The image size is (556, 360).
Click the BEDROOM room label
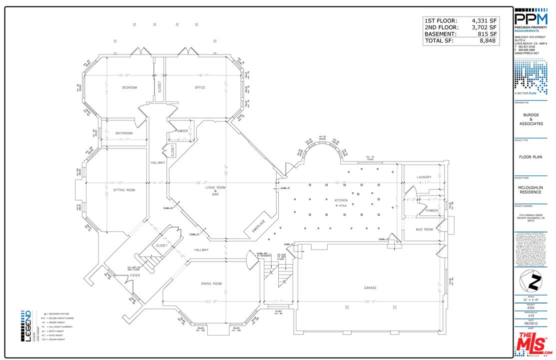tap(129, 87)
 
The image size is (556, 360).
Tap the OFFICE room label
tap(200, 87)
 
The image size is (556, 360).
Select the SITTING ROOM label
tap(124, 190)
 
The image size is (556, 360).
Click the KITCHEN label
tap(341, 200)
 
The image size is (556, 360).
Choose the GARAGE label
tap(370, 288)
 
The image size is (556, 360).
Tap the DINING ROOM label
tap(211, 284)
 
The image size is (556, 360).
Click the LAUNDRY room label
tap(424, 177)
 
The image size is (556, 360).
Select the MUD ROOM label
tap(424, 229)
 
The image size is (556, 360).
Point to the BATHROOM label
tap(124, 133)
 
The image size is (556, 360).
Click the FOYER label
tap(135, 275)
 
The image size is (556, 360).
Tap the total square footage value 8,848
tap(487, 40)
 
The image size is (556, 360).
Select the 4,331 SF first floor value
tap(484, 20)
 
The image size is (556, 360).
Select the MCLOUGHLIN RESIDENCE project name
tap(531, 190)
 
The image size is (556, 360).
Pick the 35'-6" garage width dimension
tap(370, 301)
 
